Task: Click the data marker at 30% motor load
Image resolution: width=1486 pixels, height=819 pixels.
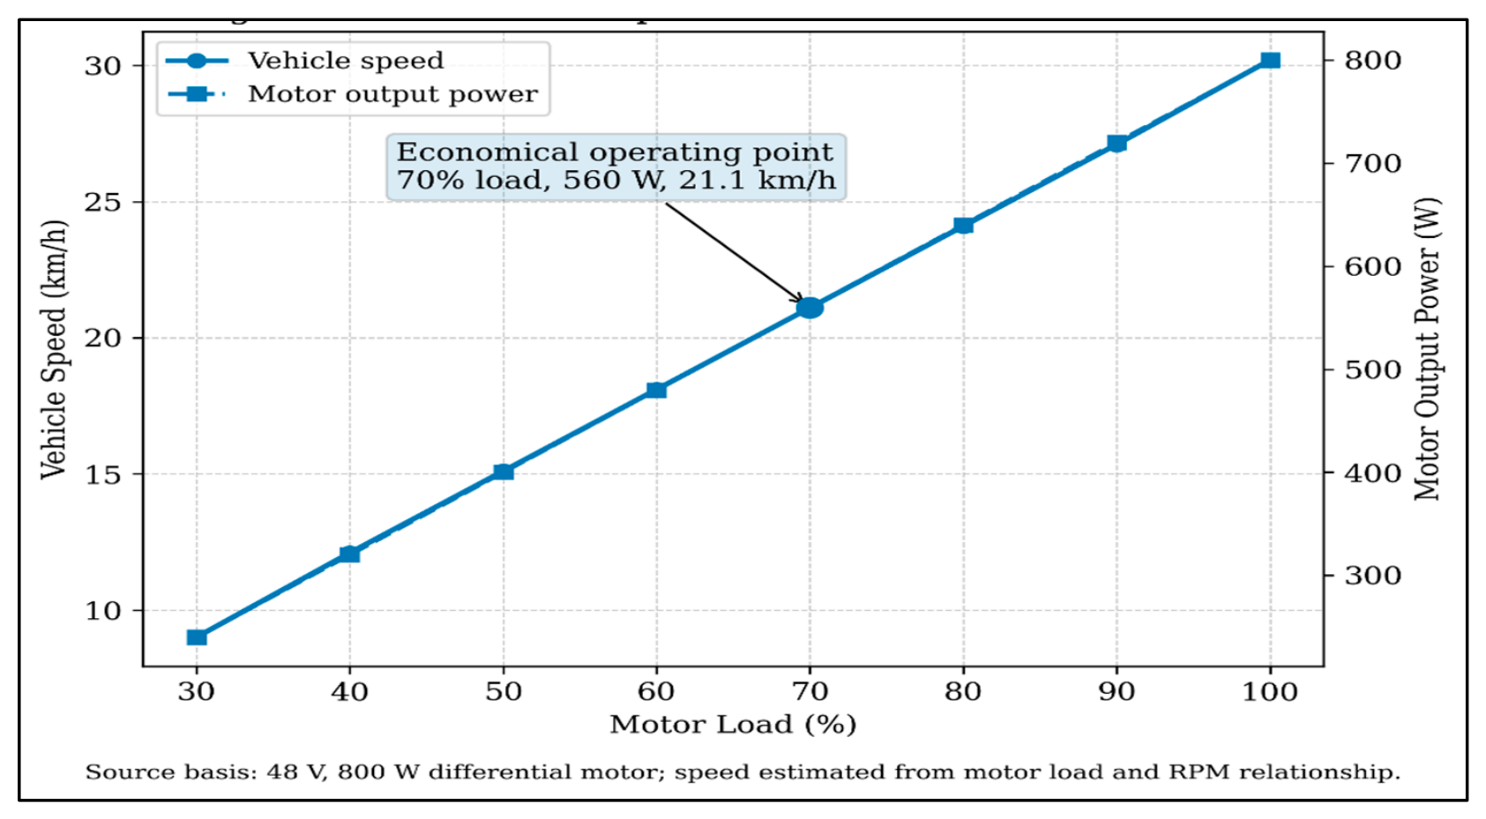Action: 197,637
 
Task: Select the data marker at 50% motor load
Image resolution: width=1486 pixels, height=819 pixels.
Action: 504,473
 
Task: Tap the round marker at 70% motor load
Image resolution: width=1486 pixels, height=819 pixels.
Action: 810,308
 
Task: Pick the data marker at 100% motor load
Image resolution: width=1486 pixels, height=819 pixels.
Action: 1271,60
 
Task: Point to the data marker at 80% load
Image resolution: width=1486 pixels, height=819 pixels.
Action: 964,226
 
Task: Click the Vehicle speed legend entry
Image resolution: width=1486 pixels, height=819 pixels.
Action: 304,61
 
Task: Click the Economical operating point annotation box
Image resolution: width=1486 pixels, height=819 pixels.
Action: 616,167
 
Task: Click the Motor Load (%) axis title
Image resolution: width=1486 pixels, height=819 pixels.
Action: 733,724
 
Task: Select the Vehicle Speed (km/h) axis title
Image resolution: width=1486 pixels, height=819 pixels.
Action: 54,349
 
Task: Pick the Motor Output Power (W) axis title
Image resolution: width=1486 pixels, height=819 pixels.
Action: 1429,349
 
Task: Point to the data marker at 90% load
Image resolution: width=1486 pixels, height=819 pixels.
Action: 1117,143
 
